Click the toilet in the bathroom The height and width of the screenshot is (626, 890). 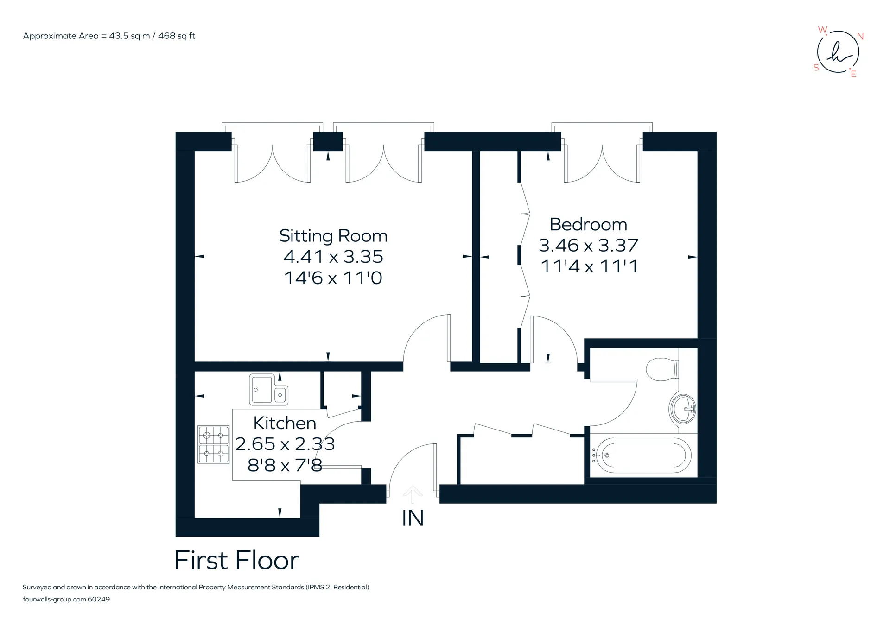pyautogui.click(x=663, y=369)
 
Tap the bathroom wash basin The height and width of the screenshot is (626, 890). pyautogui.click(x=683, y=409)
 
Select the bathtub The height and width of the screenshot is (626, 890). pyautogui.click(x=642, y=455)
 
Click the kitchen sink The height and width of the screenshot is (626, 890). pyautogui.click(x=268, y=389)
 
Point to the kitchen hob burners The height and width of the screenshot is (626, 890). pyautogui.click(x=214, y=444)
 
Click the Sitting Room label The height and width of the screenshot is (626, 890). pyautogui.click(x=333, y=236)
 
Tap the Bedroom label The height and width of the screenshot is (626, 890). pyautogui.click(x=588, y=224)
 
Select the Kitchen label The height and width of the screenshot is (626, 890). pyautogui.click(x=285, y=423)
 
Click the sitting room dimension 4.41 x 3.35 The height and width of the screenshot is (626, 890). pyautogui.click(x=333, y=257)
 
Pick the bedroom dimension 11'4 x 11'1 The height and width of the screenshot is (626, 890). pyautogui.click(x=589, y=266)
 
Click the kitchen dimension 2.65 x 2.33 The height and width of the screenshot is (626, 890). pyautogui.click(x=285, y=444)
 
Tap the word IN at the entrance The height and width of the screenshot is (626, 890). pyautogui.click(x=413, y=519)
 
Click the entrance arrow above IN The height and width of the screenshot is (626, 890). pyautogui.click(x=413, y=494)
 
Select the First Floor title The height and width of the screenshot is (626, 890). pyautogui.click(x=237, y=560)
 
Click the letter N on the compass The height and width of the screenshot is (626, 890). pyautogui.click(x=860, y=36)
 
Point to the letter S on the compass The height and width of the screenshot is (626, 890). pyautogui.click(x=816, y=68)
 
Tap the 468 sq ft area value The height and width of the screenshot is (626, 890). pyautogui.click(x=177, y=36)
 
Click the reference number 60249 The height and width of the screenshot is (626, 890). pyautogui.click(x=99, y=599)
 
